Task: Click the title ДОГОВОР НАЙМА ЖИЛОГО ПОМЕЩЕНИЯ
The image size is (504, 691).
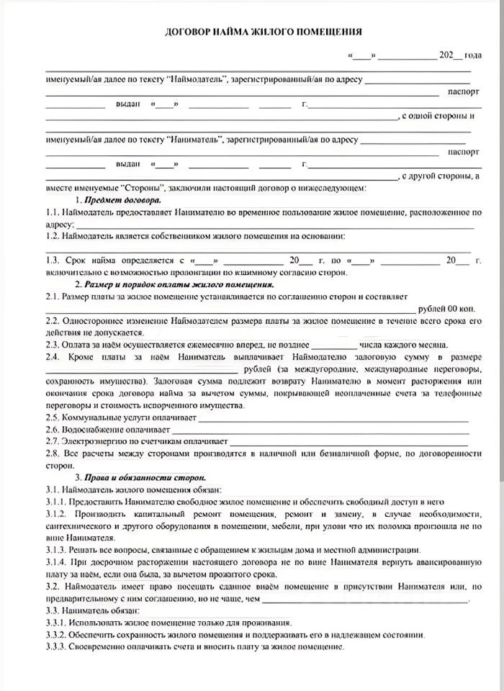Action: [x=264, y=32]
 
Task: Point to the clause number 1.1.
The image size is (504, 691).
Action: [x=52, y=212]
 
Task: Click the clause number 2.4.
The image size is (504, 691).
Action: [x=52, y=356]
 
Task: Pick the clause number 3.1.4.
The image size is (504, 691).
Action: [x=56, y=561]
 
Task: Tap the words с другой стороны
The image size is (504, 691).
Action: [x=438, y=176]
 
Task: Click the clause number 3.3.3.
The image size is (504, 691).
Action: [x=56, y=646]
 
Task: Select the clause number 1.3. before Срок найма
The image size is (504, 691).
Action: [x=52, y=260]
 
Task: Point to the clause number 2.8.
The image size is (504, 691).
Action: [x=52, y=453]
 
